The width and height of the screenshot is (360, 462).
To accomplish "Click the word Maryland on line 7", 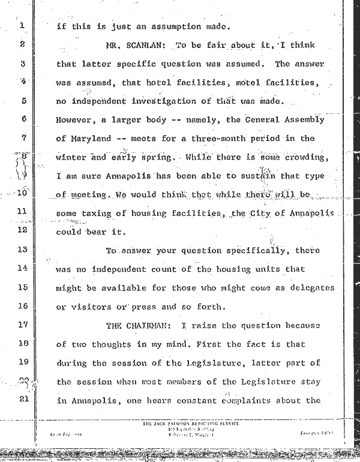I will (x=91, y=139).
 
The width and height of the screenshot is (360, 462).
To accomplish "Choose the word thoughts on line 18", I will (x=119, y=344).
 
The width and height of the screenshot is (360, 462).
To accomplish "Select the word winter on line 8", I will (x=71, y=158).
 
